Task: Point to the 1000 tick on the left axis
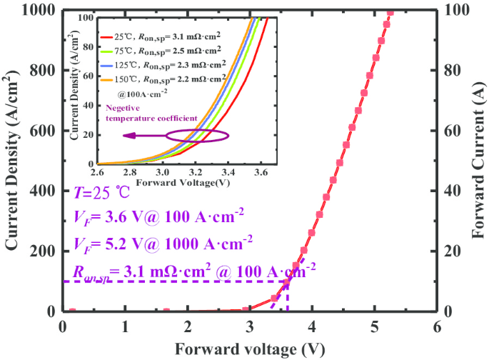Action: pos(44,10)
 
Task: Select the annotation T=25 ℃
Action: pos(101,192)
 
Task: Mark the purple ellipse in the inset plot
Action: pos(198,135)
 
